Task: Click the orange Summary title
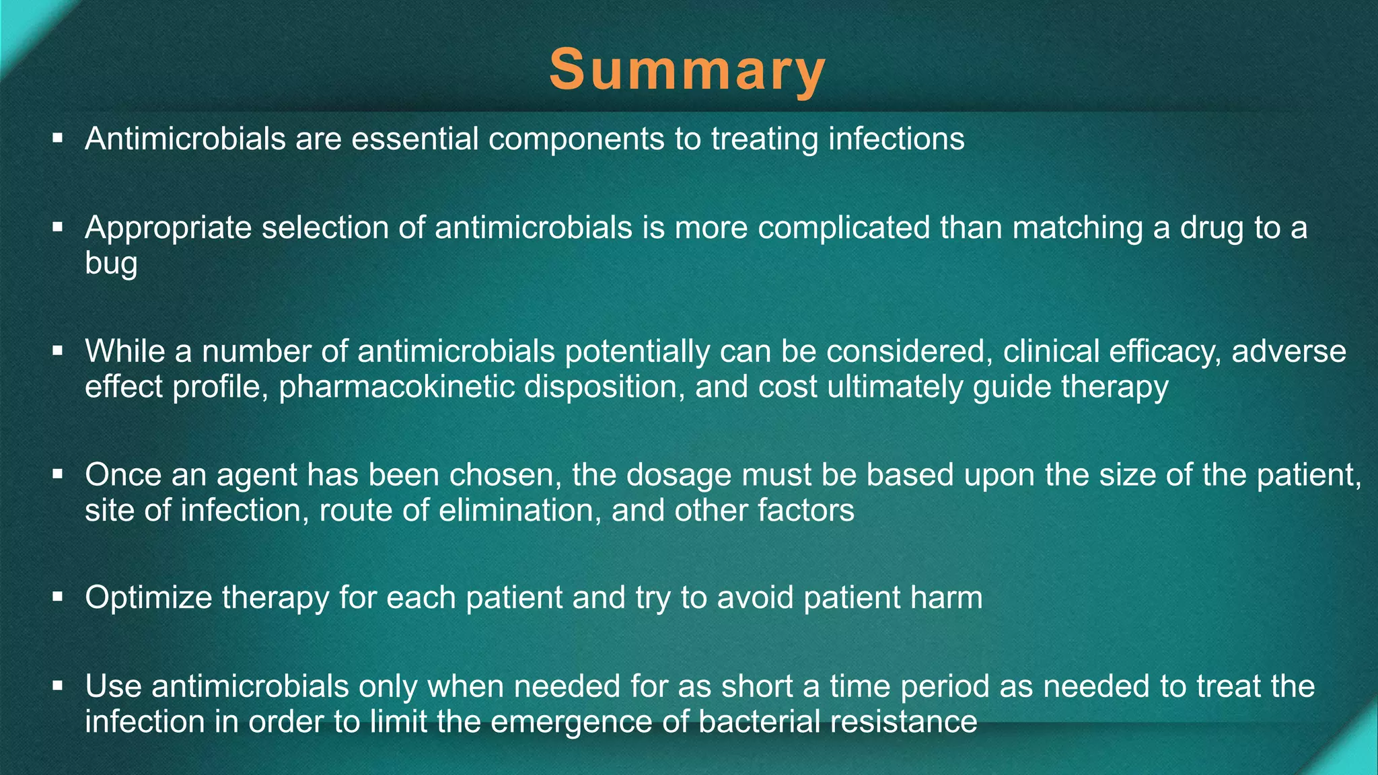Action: (687, 70)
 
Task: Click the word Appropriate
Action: (168, 228)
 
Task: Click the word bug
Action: (111, 263)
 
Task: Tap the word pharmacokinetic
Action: (396, 387)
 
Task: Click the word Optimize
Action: (148, 598)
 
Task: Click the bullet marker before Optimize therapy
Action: (58, 596)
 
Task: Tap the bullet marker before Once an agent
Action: (58, 474)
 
